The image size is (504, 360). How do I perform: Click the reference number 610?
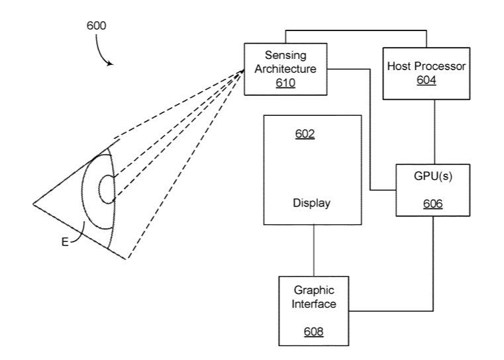click(286, 83)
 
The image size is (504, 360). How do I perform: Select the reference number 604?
click(427, 80)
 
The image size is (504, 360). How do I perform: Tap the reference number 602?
click(305, 134)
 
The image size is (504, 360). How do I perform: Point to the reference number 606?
click(433, 204)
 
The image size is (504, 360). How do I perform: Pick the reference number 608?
click(315, 331)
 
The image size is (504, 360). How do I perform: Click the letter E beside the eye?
click(65, 243)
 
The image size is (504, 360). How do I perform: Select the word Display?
click(311, 203)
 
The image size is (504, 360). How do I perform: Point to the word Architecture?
click(286, 69)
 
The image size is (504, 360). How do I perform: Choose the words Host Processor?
click(427, 66)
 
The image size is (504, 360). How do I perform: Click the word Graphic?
click(314, 291)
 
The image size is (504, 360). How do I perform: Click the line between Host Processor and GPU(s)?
click(434, 131)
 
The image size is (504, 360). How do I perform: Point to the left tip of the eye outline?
click(33, 204)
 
